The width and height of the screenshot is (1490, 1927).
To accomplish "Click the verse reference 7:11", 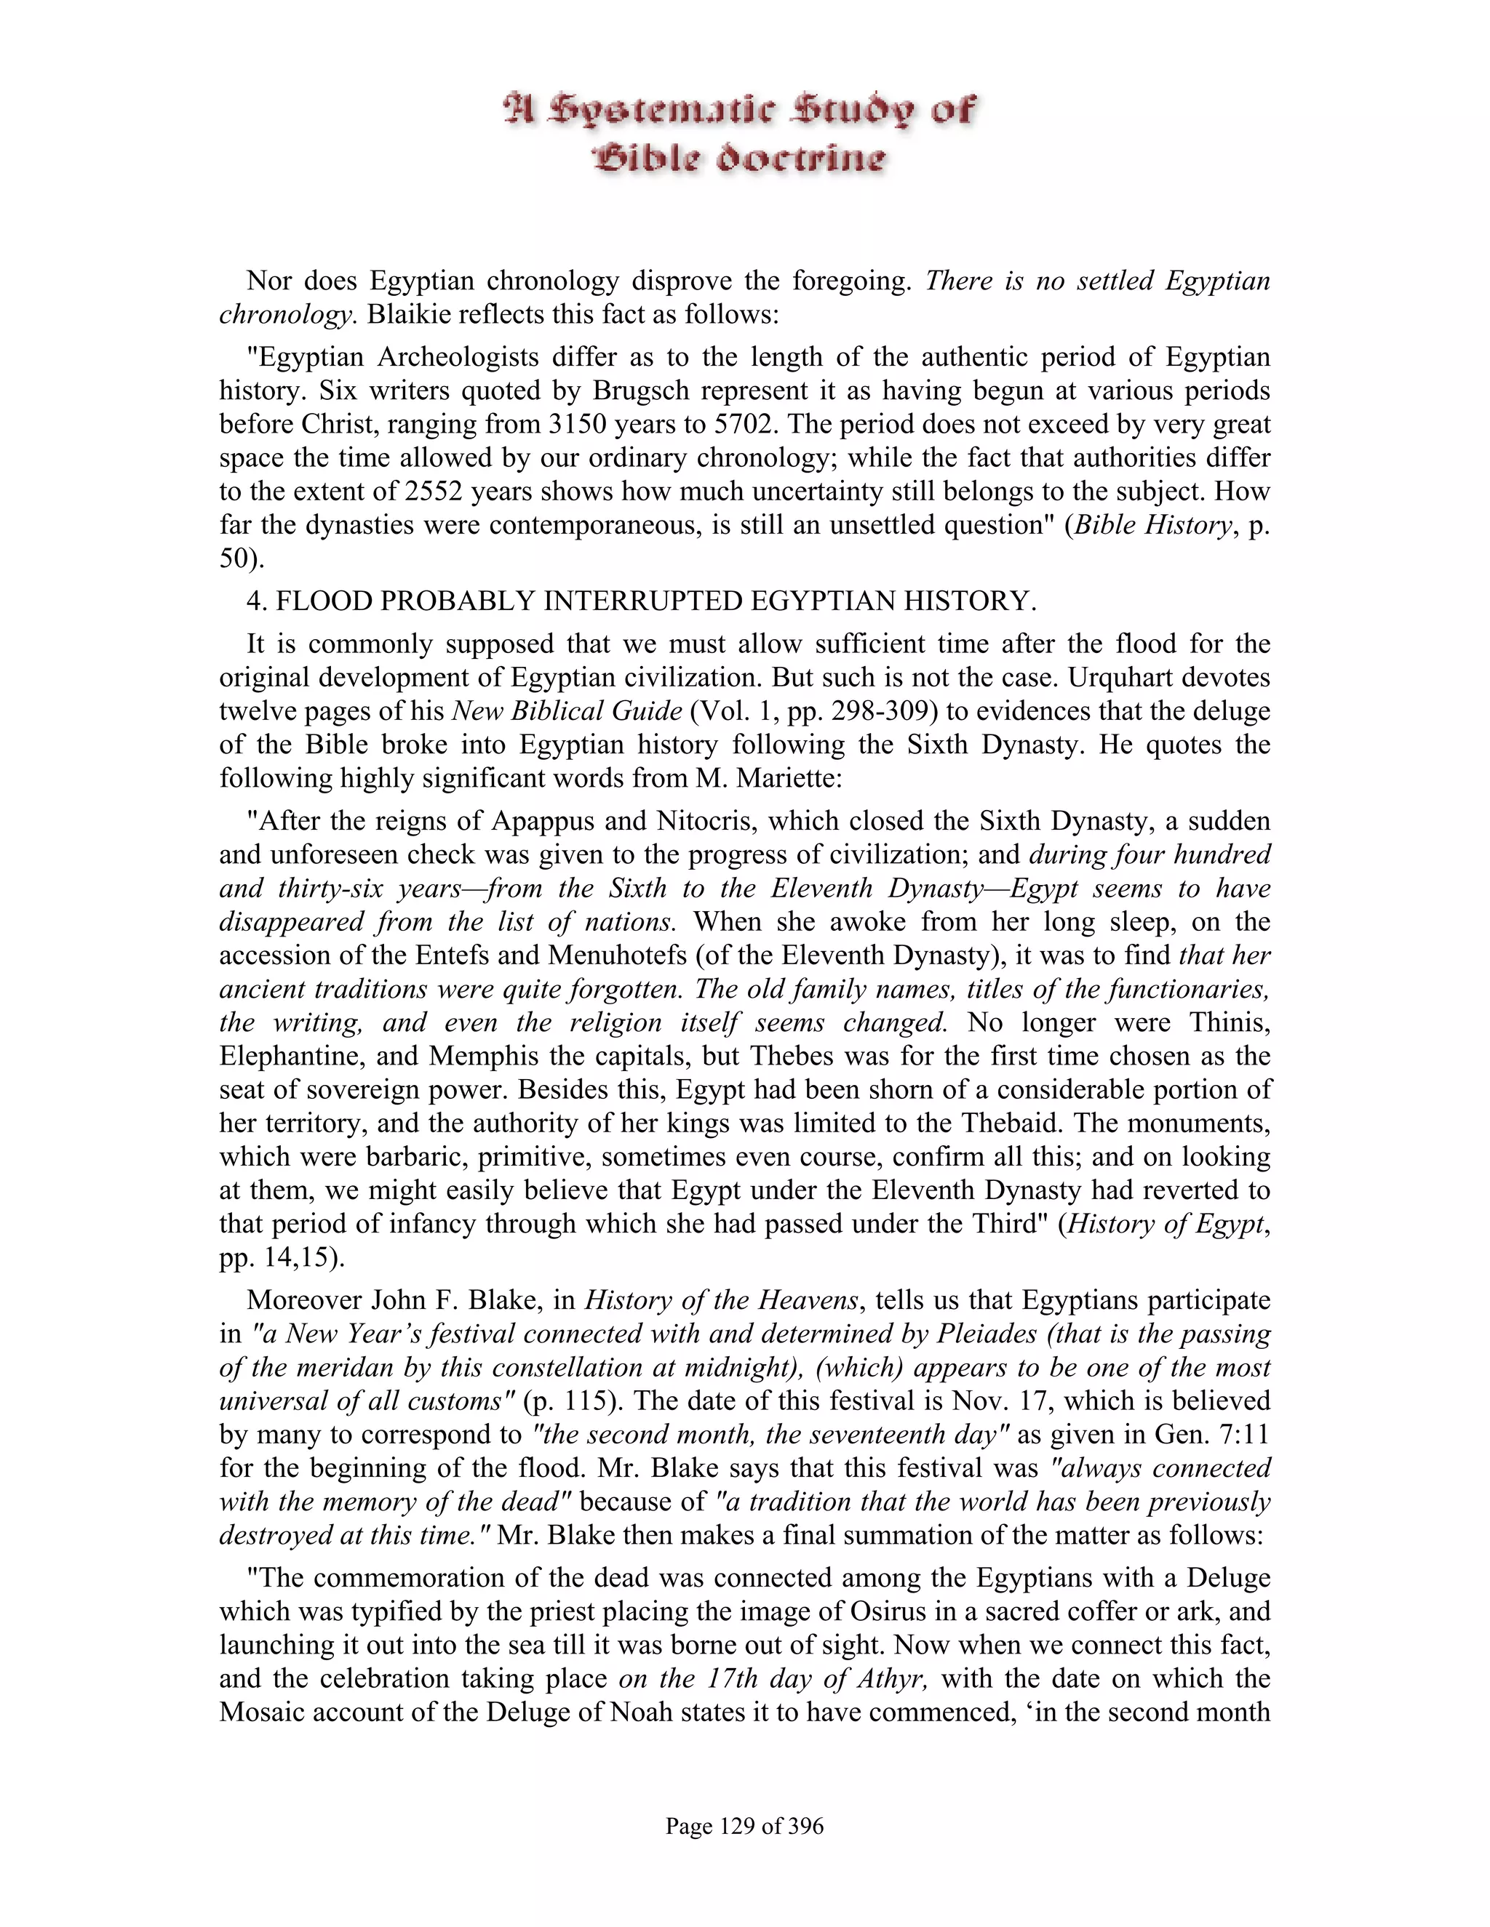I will [x=1243, y=1434].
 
